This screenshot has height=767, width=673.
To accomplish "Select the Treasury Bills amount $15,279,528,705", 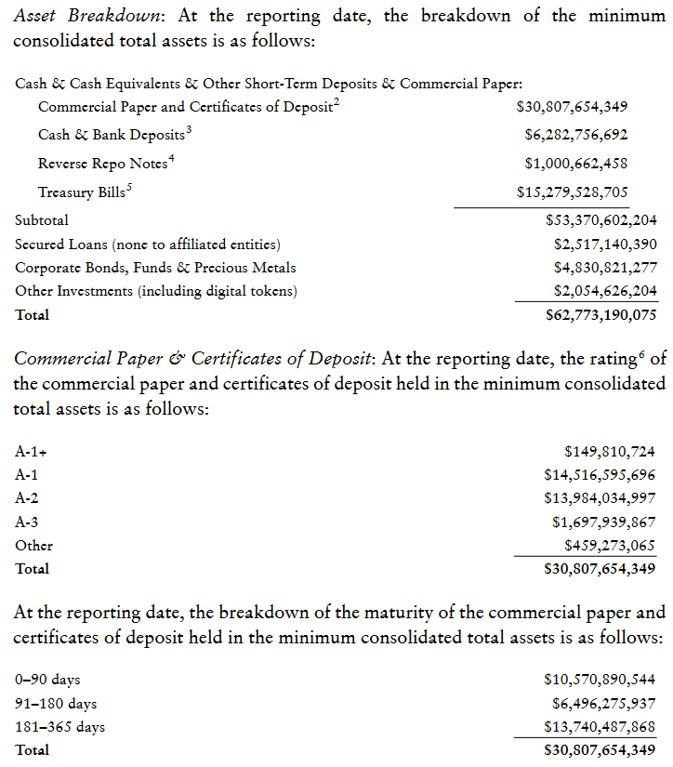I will click(x=572, y=193).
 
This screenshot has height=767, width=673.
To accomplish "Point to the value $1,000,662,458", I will click(x=575, y=164).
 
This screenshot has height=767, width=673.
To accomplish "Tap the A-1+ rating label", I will click(x=32, y=453).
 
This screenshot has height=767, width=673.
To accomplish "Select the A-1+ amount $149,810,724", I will click(x=610, y=453).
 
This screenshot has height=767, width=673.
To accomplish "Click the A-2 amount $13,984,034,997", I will click(x=600, y=499).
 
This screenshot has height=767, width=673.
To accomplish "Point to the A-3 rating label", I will click(x=27, y=522).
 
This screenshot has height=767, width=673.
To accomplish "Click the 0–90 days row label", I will click(x=47, y=680).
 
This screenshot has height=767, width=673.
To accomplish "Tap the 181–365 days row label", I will click(x=59, y=726).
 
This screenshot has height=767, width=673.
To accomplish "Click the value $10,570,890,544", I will click(x=600, y=680).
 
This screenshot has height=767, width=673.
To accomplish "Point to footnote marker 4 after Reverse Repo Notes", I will click(x=171, y=159).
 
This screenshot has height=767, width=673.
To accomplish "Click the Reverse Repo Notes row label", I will click(x=102, y=165).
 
